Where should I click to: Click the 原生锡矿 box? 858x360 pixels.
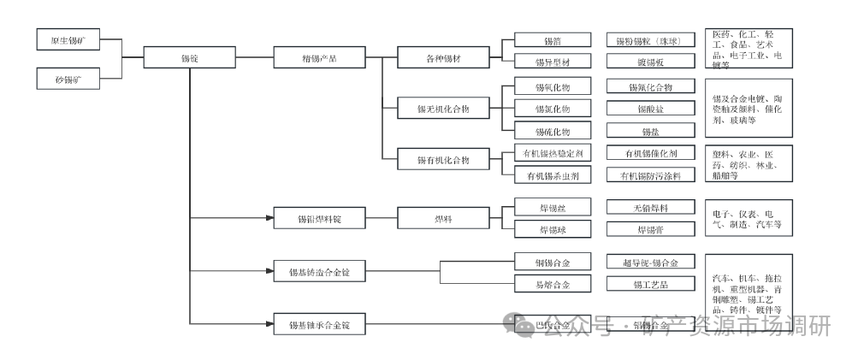(69, 41)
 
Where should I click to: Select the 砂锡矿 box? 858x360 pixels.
(69, 80)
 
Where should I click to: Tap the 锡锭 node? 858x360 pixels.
(189, 58)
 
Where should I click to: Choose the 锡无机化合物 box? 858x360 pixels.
(442, 109)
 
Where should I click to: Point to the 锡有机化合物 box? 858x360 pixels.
(442, 160)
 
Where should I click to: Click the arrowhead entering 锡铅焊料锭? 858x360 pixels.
(268, 219)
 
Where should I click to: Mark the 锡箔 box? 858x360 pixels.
(552, 40)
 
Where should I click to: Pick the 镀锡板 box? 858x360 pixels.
(649, 62)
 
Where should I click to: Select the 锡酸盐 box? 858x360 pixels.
(649, 109)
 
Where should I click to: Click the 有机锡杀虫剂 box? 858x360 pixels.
(552, 175)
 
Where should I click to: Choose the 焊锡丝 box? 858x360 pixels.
(552, 208)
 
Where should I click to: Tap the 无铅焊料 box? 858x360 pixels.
(649, 208)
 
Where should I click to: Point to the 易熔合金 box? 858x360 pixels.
(552, 284)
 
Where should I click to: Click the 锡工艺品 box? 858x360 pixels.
(649, 284)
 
